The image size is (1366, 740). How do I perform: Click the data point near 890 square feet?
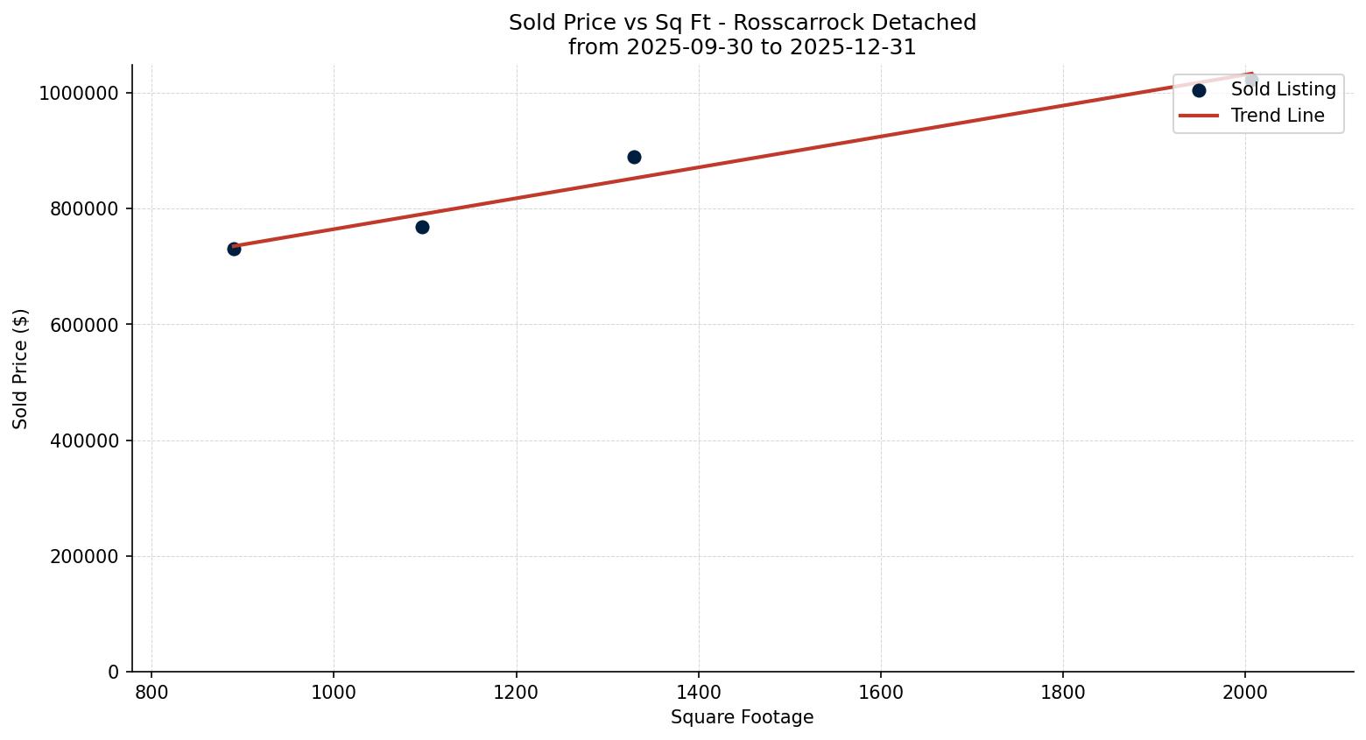[x=234, y=249]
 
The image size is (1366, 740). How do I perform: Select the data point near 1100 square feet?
[x=422, y=227]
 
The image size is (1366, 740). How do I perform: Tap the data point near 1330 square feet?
[x=634, y=157]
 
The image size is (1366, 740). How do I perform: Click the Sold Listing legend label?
[x=1283, y=89]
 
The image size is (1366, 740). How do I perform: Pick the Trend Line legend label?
[x=1277, y=116]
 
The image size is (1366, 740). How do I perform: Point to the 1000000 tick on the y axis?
[x=79, y=94]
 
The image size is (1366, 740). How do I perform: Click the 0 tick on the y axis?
[x=113, y=672]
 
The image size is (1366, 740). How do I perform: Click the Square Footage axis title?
[x=742, y=717]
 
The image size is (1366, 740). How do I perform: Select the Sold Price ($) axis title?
[x=21, y=368]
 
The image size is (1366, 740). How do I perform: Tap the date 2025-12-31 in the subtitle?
[x=853, y=47]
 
